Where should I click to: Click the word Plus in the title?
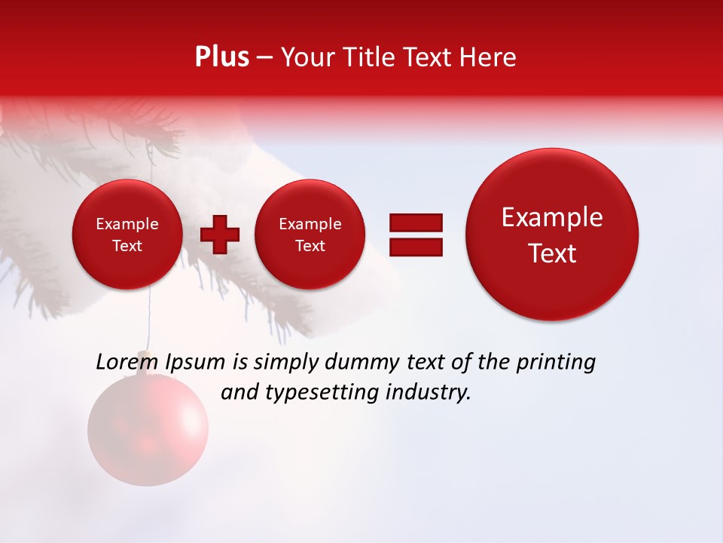click(221, 57)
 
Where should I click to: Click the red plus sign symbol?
click(220, 235)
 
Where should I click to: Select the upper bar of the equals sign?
click(416, 222)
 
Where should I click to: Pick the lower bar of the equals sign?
click(416, 246)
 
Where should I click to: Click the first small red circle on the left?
click(127, 235)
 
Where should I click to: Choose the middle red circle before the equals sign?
click(310, 235)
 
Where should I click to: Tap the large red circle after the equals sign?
click(552, 235)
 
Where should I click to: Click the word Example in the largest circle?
click(552, 217)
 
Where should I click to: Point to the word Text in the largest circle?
click(552, 253)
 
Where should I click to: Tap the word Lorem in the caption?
click(124, 362)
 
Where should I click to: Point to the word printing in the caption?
click(555, 363)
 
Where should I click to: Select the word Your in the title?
click(304, 57)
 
